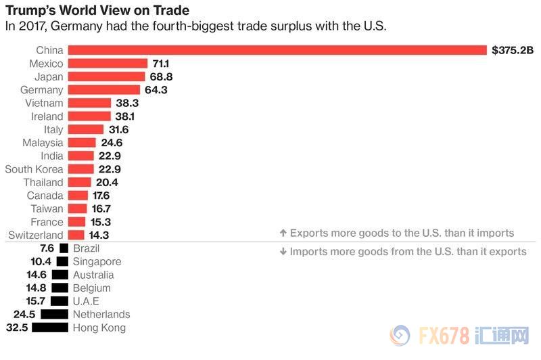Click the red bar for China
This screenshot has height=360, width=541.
[x=277, y=50]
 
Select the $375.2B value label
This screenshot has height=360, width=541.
[x=513, y=50]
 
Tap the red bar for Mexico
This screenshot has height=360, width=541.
[x=108, y=63]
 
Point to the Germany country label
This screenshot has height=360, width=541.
[x=42, y=89]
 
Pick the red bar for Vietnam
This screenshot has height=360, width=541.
[x=89, y=103]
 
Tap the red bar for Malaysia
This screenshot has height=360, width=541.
[x=82, y=142]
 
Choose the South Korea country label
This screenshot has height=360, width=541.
[x=34, y=168]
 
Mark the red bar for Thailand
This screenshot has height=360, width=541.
[x=79, y=182]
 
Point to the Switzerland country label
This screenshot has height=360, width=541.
[x=36, y=235]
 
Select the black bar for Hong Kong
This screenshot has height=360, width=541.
[x=50, y=328]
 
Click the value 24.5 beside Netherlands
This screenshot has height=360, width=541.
[x=24, y=314]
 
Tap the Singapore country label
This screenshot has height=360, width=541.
[x=97, y=261]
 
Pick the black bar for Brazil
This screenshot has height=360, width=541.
[x=64, y=248]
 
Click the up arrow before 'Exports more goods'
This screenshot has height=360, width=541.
[x=283, y=233]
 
